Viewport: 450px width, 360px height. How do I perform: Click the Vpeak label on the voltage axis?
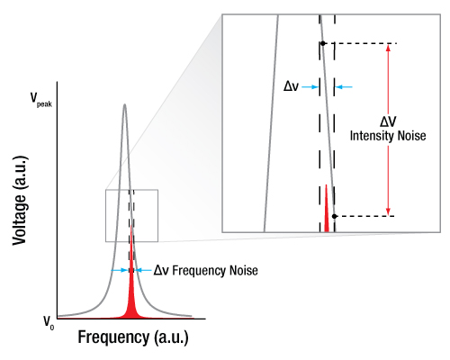click(x=41, y=100)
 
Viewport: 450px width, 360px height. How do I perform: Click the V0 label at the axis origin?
click(x=49, y=323)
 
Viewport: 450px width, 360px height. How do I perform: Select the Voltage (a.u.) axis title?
click(x=20, y=201)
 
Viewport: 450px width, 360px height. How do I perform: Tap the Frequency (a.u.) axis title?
click(x=133, y=337)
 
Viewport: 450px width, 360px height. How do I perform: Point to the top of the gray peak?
click(x=125, y=104)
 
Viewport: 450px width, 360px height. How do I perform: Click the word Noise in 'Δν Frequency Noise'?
click(x=244, y=270)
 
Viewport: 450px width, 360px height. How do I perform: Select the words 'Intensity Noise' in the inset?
click(x=388, y=136)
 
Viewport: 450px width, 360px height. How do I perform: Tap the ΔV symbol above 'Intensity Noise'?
click(x=388, y=121)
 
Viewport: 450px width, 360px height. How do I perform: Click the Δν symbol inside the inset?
click(x=291, y=86)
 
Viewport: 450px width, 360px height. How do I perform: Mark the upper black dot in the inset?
click(x=323, y=43)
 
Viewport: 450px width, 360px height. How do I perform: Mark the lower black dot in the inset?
click(x=335, y=216)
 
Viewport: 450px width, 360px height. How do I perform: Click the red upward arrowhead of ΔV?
click(x=388, y=48)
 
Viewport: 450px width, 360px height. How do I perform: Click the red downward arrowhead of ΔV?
click(x=388, y=211)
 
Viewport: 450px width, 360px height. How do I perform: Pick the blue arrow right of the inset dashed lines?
click(x=344, y=87)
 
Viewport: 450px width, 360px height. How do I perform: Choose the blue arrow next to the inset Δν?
click(x=310, y=87)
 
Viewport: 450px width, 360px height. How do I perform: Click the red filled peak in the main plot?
click(x=131, y=288)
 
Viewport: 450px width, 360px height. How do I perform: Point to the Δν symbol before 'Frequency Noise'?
click(x=161, y=271)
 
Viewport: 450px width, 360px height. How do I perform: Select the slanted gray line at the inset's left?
click(x=271, y=123)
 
